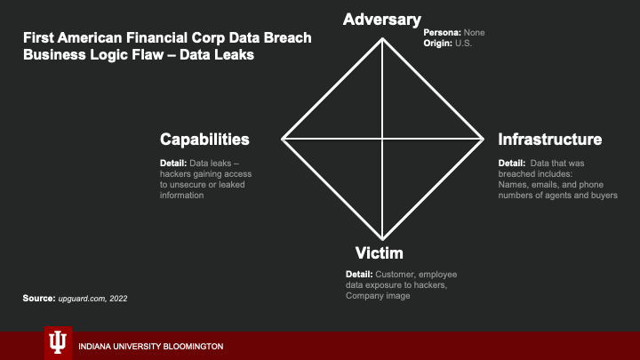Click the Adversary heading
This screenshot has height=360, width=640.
381,19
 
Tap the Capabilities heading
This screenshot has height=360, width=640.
204,140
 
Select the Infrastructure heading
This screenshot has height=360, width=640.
550,140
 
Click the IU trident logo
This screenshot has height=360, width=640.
59,342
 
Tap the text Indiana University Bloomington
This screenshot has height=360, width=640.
150,346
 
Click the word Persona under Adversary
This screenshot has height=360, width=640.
439,33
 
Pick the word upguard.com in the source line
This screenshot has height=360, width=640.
81,299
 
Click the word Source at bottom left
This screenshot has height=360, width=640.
38,299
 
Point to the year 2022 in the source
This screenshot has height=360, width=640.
118,299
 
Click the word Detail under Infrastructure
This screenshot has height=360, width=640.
511,163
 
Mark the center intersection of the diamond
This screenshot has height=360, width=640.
382,139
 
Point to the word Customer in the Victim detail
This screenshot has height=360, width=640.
395,274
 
